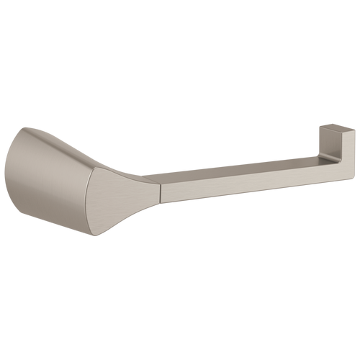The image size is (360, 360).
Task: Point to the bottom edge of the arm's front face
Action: point(252,192)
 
